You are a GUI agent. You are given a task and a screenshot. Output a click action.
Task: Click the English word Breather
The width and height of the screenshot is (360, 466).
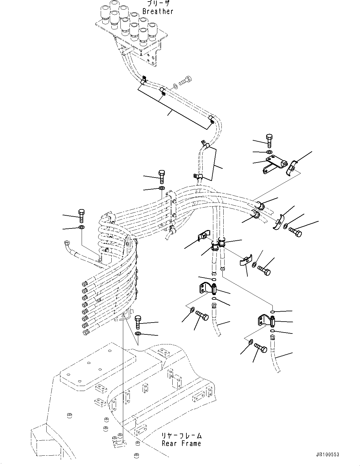click(x=158, y=11)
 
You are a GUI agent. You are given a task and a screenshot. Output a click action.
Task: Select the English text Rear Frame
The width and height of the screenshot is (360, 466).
click(x=181, y=443)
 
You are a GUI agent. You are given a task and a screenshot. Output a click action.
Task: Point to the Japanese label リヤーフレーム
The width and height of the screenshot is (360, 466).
click(x=181, y=436)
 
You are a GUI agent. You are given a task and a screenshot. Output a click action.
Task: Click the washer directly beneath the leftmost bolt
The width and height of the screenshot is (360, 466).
click(x=81, y=227)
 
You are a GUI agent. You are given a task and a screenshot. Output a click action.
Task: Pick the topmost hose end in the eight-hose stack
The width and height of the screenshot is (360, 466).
click(x=84, y=284)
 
